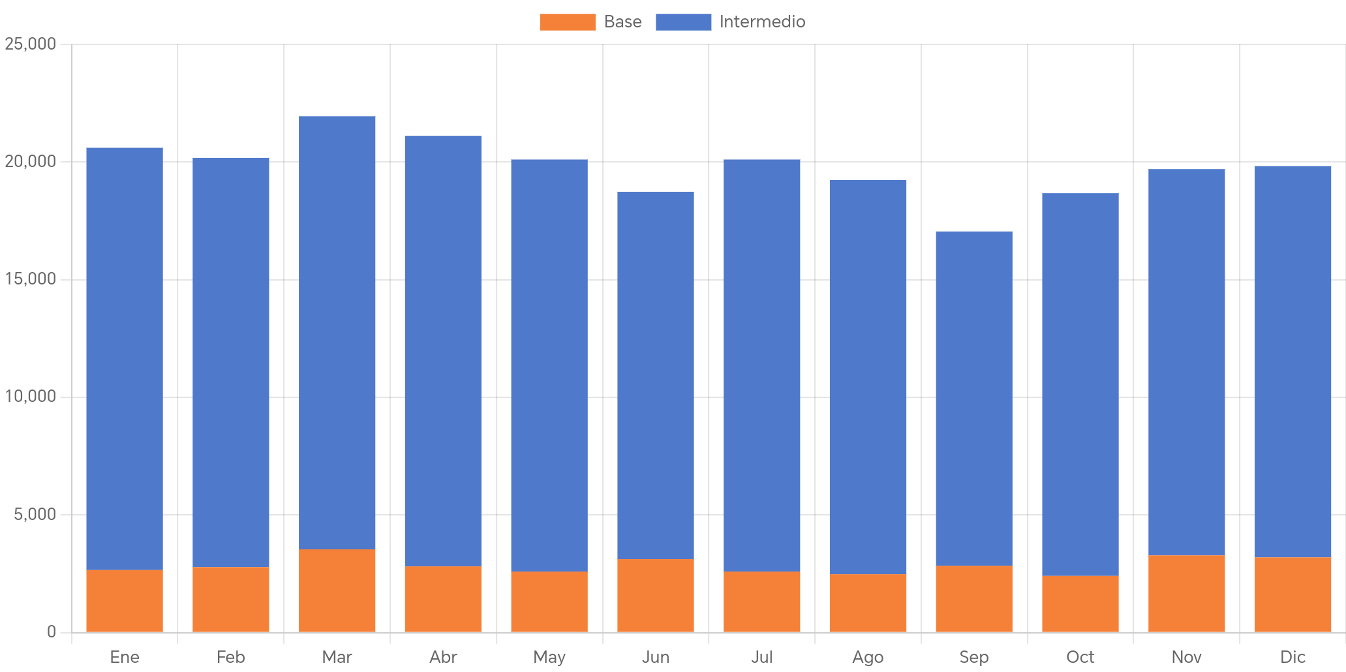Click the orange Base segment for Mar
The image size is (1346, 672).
(x=337, y=590)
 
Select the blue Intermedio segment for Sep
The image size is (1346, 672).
(x=974, y=398)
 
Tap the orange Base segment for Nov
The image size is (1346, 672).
(x=1187, y=594)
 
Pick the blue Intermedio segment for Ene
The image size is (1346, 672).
(x=125, y=359)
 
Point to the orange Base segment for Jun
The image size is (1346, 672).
(x=656, y=595)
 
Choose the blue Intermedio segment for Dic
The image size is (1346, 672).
(x=1293, y=361)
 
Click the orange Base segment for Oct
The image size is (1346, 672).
(x=1080, y=603)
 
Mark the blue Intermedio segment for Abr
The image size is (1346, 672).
(x=444, y=351)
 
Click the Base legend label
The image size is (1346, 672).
(x=622, y=22)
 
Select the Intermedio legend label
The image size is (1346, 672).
(x=762, y=22)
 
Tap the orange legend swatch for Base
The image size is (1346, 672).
(x=568, y=22)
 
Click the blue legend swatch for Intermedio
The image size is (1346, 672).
(x=683, y=22)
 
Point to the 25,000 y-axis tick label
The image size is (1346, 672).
(x=30, y=44)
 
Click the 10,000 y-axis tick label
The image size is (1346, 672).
(x=30, y=396)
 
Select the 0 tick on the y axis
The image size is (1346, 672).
(x=51, y=632)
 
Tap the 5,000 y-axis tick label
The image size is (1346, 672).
(x=35, y=514)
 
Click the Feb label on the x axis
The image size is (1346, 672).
(x=231, y=657)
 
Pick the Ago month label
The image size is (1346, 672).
(x=868, y=657)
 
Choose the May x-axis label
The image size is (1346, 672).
(x=549, y=657)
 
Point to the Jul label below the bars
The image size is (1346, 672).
(x=762, y=657)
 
